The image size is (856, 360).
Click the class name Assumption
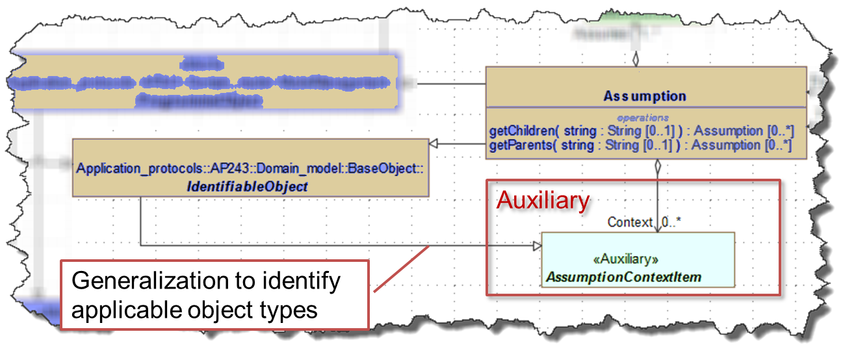[644, 96]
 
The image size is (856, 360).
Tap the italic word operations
[643, 118]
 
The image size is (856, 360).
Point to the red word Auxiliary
[543, 200]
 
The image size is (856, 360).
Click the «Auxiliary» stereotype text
[625, 259]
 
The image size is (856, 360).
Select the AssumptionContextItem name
[624, 277]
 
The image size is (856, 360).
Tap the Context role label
[630, 222]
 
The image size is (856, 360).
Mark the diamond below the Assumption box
[658, 167]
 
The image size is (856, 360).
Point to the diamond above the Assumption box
[636, 59]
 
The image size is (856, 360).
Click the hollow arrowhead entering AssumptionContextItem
[536, 246]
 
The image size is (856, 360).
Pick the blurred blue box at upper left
[201, 82]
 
